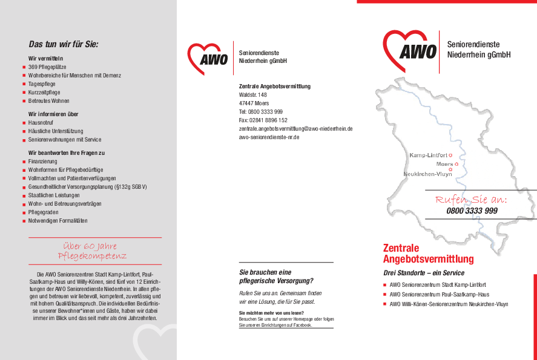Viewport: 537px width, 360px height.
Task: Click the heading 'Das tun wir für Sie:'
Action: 64,44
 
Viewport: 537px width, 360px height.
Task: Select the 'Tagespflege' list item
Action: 42,84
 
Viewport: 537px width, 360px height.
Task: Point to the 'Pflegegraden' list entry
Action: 44,212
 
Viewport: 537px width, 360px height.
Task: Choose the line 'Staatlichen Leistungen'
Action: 54,195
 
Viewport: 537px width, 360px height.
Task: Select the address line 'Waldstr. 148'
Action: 253,95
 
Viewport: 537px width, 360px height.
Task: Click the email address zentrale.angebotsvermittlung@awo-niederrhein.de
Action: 295,129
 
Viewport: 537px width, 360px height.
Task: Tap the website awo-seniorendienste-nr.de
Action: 269,137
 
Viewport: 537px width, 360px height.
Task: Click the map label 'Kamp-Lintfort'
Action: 428,155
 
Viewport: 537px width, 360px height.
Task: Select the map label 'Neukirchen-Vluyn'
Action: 427,174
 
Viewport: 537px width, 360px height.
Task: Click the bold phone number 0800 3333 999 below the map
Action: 472,211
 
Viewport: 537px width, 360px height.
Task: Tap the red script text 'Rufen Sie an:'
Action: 471,200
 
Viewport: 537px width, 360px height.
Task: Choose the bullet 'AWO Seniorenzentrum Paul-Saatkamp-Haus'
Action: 439,295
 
